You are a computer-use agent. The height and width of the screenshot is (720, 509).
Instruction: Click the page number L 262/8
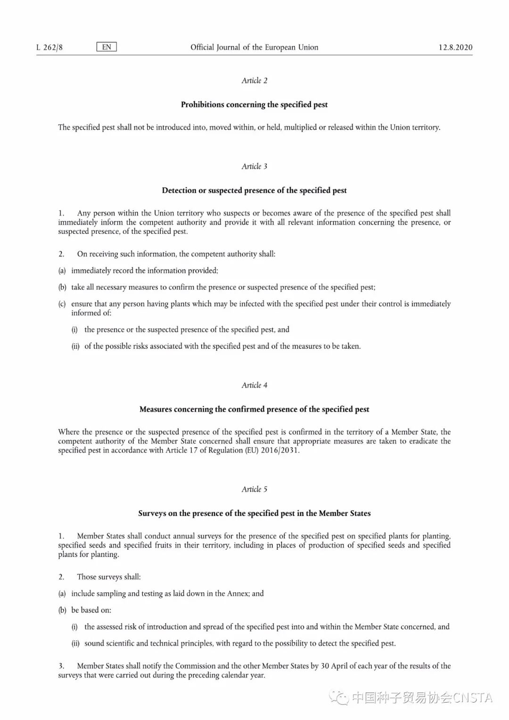tap(49, 47)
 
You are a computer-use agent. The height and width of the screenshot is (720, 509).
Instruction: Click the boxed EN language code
tap(107, 47)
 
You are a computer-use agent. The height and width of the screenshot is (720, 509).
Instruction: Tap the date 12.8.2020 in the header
tap(455, 47)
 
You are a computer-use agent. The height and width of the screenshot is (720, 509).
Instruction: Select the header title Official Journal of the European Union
tap(254, 47)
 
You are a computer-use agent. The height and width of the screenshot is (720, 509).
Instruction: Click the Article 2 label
tap(254, 81)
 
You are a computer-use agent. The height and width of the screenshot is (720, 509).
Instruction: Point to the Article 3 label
tap(254, 166)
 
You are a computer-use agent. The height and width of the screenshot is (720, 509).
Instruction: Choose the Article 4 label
tap(254, 385)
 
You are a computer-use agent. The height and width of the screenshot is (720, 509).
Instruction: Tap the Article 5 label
tap(254, 489)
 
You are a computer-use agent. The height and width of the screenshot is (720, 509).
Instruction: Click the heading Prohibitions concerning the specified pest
tap(254, 105)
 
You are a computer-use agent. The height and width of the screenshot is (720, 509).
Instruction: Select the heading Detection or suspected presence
tap(254, 190)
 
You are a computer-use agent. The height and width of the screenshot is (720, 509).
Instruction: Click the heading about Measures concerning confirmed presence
tap(254, 409)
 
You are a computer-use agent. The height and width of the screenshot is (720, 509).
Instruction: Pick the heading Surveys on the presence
tap(254, 513)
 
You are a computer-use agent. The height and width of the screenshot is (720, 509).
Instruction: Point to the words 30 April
tap(332, 666)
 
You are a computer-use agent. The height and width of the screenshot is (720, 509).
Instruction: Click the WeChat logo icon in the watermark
tap(339, 697)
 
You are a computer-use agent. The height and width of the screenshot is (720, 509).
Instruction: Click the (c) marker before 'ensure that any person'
tap(62, 304)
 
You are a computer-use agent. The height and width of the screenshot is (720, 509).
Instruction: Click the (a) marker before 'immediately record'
tap(62, 271)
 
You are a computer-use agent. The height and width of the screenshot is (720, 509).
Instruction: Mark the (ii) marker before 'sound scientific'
tap(75, 644)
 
